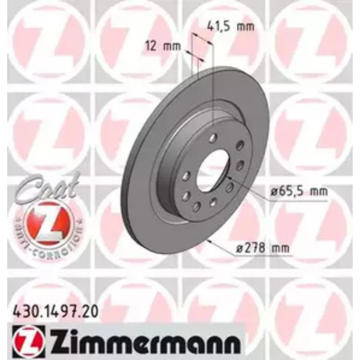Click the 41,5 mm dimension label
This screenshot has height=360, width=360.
pos(230,24)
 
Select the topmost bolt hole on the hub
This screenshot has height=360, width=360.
pos(212,137)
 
